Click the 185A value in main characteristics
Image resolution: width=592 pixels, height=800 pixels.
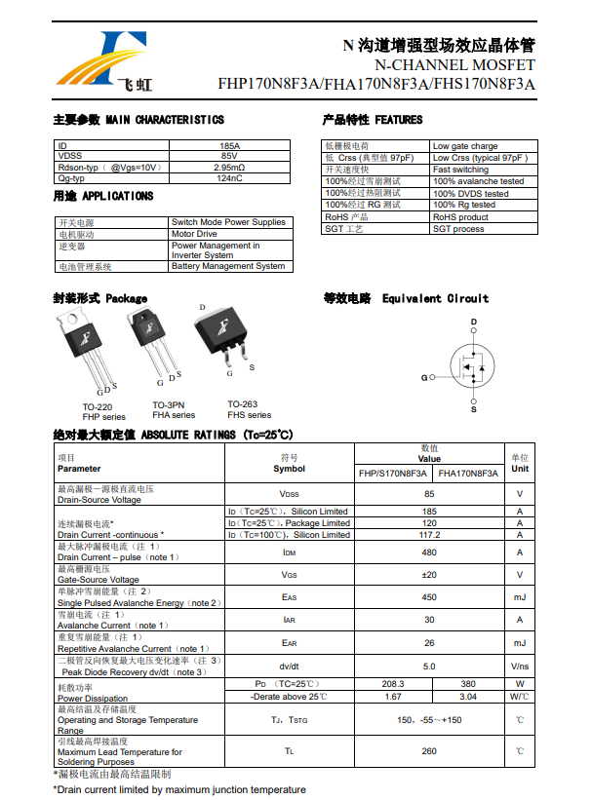pos(229,145)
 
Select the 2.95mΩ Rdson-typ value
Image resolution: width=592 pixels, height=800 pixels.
pos(229,168)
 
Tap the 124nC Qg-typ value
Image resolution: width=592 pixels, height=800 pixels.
pos(229,178)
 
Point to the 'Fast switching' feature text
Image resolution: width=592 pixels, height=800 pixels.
pos(461,170)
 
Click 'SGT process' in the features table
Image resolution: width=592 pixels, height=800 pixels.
pos(458,229)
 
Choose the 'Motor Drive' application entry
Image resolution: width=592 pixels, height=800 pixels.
pos(194,234)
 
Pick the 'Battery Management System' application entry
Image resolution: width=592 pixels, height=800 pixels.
pos(228,266)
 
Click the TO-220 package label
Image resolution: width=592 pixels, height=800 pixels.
pos(97,406)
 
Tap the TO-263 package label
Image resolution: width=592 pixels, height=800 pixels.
pos(243,404)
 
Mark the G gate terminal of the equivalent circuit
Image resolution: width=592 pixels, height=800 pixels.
pos(424,377)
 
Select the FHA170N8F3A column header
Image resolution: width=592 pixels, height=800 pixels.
pos(468,473)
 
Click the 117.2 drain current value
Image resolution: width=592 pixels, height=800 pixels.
pos(429,535)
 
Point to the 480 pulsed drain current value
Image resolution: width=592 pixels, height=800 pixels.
pos(429,552)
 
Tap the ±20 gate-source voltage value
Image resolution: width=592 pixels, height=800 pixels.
pos(429,575)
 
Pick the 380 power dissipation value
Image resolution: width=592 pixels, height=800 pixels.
pos(468,684)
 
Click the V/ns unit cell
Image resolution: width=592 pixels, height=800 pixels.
pos(520,667)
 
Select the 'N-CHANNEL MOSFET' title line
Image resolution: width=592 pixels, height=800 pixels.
pos(454,64)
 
